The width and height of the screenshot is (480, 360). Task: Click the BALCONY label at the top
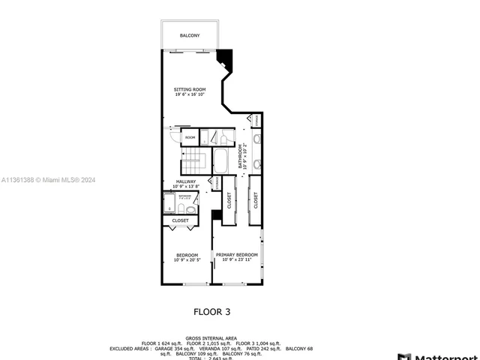(190, 35)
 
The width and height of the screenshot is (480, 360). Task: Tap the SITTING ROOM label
(190, 89)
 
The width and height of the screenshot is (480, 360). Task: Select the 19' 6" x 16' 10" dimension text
(190, 95)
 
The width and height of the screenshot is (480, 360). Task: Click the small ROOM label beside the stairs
(190, 138)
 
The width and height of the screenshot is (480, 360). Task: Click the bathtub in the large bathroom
(222, 160)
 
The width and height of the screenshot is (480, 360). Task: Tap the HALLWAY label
(186, 181)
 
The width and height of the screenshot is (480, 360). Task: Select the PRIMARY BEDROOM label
(237, 255)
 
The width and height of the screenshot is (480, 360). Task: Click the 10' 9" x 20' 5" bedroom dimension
(187, 260)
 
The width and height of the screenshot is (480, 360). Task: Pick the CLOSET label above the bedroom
(181, 220)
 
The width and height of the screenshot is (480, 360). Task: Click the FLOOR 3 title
(212, 310)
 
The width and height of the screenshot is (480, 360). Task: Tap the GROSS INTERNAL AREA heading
(211, 338)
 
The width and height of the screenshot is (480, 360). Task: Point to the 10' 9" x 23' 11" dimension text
(237, 260)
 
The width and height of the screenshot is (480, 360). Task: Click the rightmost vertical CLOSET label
(256, 199)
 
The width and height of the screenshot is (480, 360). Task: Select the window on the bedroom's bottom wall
(194, 284)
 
